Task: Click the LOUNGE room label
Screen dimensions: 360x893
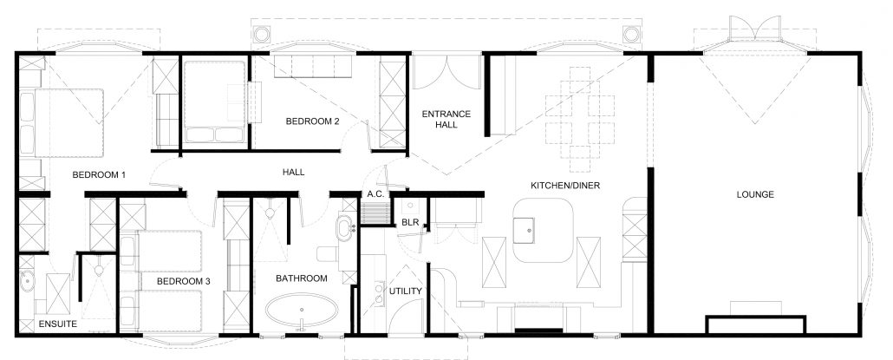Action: tap(758, 194)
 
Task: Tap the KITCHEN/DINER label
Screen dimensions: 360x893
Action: tap(565, 186)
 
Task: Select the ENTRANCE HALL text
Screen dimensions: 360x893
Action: tap(446, 120)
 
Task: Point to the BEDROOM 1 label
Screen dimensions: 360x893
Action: tap(99, 175)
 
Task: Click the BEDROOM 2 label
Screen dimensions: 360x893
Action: tap(312, 122)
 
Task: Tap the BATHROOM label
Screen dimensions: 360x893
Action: tap(301, 278)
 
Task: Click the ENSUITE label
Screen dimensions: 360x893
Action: tap(58, 324)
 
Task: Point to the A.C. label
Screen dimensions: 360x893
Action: tap(375, 194)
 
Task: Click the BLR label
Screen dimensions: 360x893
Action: tap(410, 223)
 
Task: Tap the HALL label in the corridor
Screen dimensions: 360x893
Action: tap(293, 173)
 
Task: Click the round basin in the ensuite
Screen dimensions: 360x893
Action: tap(25, 282)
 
